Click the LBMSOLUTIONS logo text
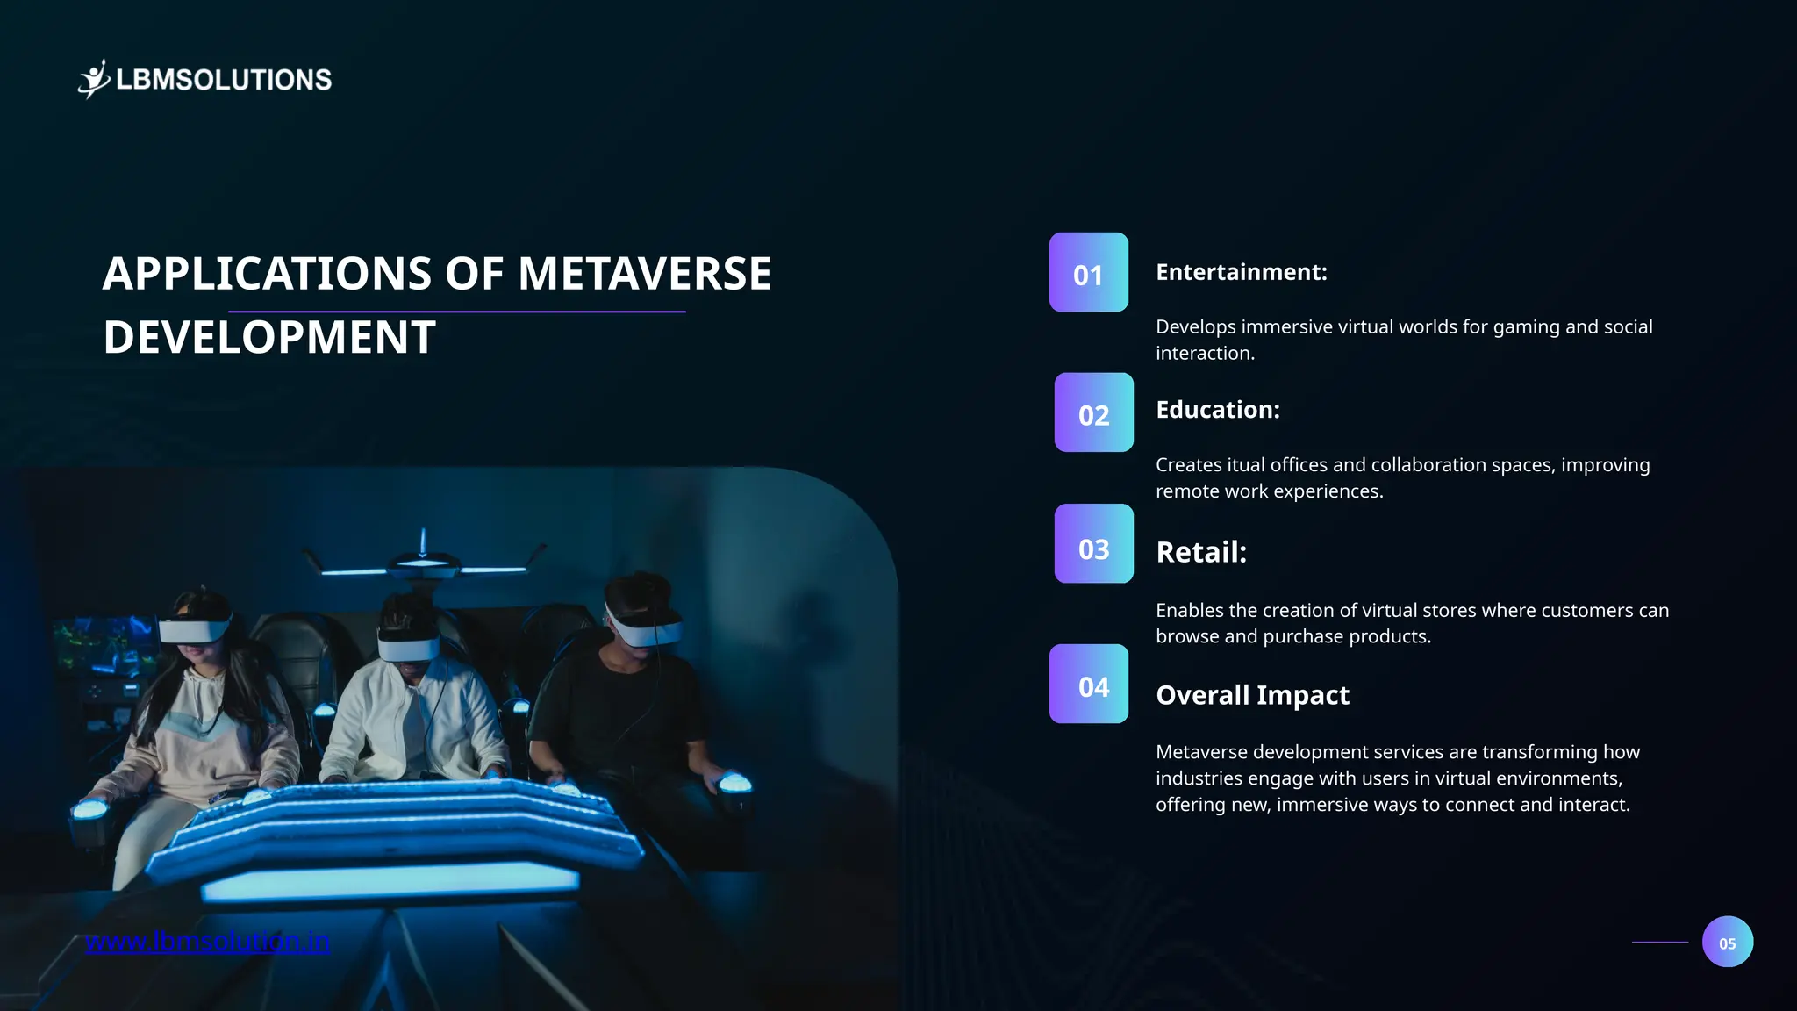[224, 80]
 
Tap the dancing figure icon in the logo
[94, 79]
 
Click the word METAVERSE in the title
[644, 273]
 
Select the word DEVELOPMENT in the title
[269, 337]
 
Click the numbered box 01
[1088, 272]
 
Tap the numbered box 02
[1093, 412]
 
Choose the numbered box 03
[1093, 544]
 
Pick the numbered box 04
[1088, 684]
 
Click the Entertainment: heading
[1241, 272]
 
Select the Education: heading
[1217, 410]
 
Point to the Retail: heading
[1200, 552]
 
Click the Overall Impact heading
[1252, 695]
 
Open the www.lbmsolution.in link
[207, 942]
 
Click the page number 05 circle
[1727, 942]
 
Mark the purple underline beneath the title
[456, 312]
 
